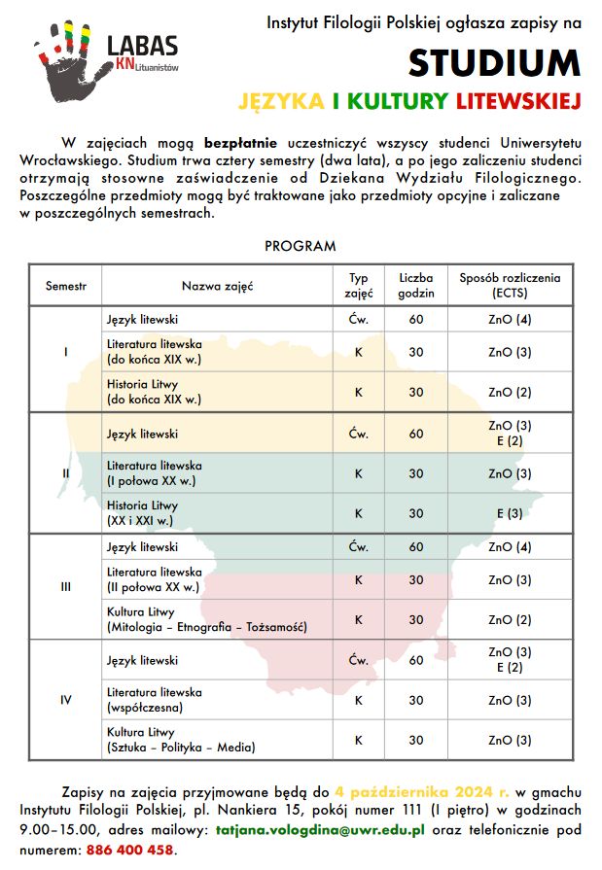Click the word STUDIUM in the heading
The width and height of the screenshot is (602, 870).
click(x=494, y=62)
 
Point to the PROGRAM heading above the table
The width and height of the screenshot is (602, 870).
click(x=301, y=246)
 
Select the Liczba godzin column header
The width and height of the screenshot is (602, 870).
click(x=415, y=285)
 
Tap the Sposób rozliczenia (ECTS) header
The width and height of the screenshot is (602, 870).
click(x=510, y=285)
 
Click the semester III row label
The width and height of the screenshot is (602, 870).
click(x=66, y=586)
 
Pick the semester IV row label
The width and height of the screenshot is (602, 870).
click(x=66, y=699)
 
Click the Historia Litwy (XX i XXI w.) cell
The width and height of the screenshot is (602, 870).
click(x=143, y=513)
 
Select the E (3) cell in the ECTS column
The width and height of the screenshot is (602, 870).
click(x=510, y=513)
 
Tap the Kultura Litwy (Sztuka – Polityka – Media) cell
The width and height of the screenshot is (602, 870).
click(x=181, y=740)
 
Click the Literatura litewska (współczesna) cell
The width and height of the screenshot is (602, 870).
click(x=155, y=699)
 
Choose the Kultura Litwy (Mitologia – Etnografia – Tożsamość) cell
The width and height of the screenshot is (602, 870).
click(x=206, y=619)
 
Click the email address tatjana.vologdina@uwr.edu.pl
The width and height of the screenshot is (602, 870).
click(x=320, y=831)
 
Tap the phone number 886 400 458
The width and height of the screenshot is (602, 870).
click(x=133, y=849)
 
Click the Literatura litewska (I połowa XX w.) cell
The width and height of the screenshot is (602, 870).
click(x=155, y=472)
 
